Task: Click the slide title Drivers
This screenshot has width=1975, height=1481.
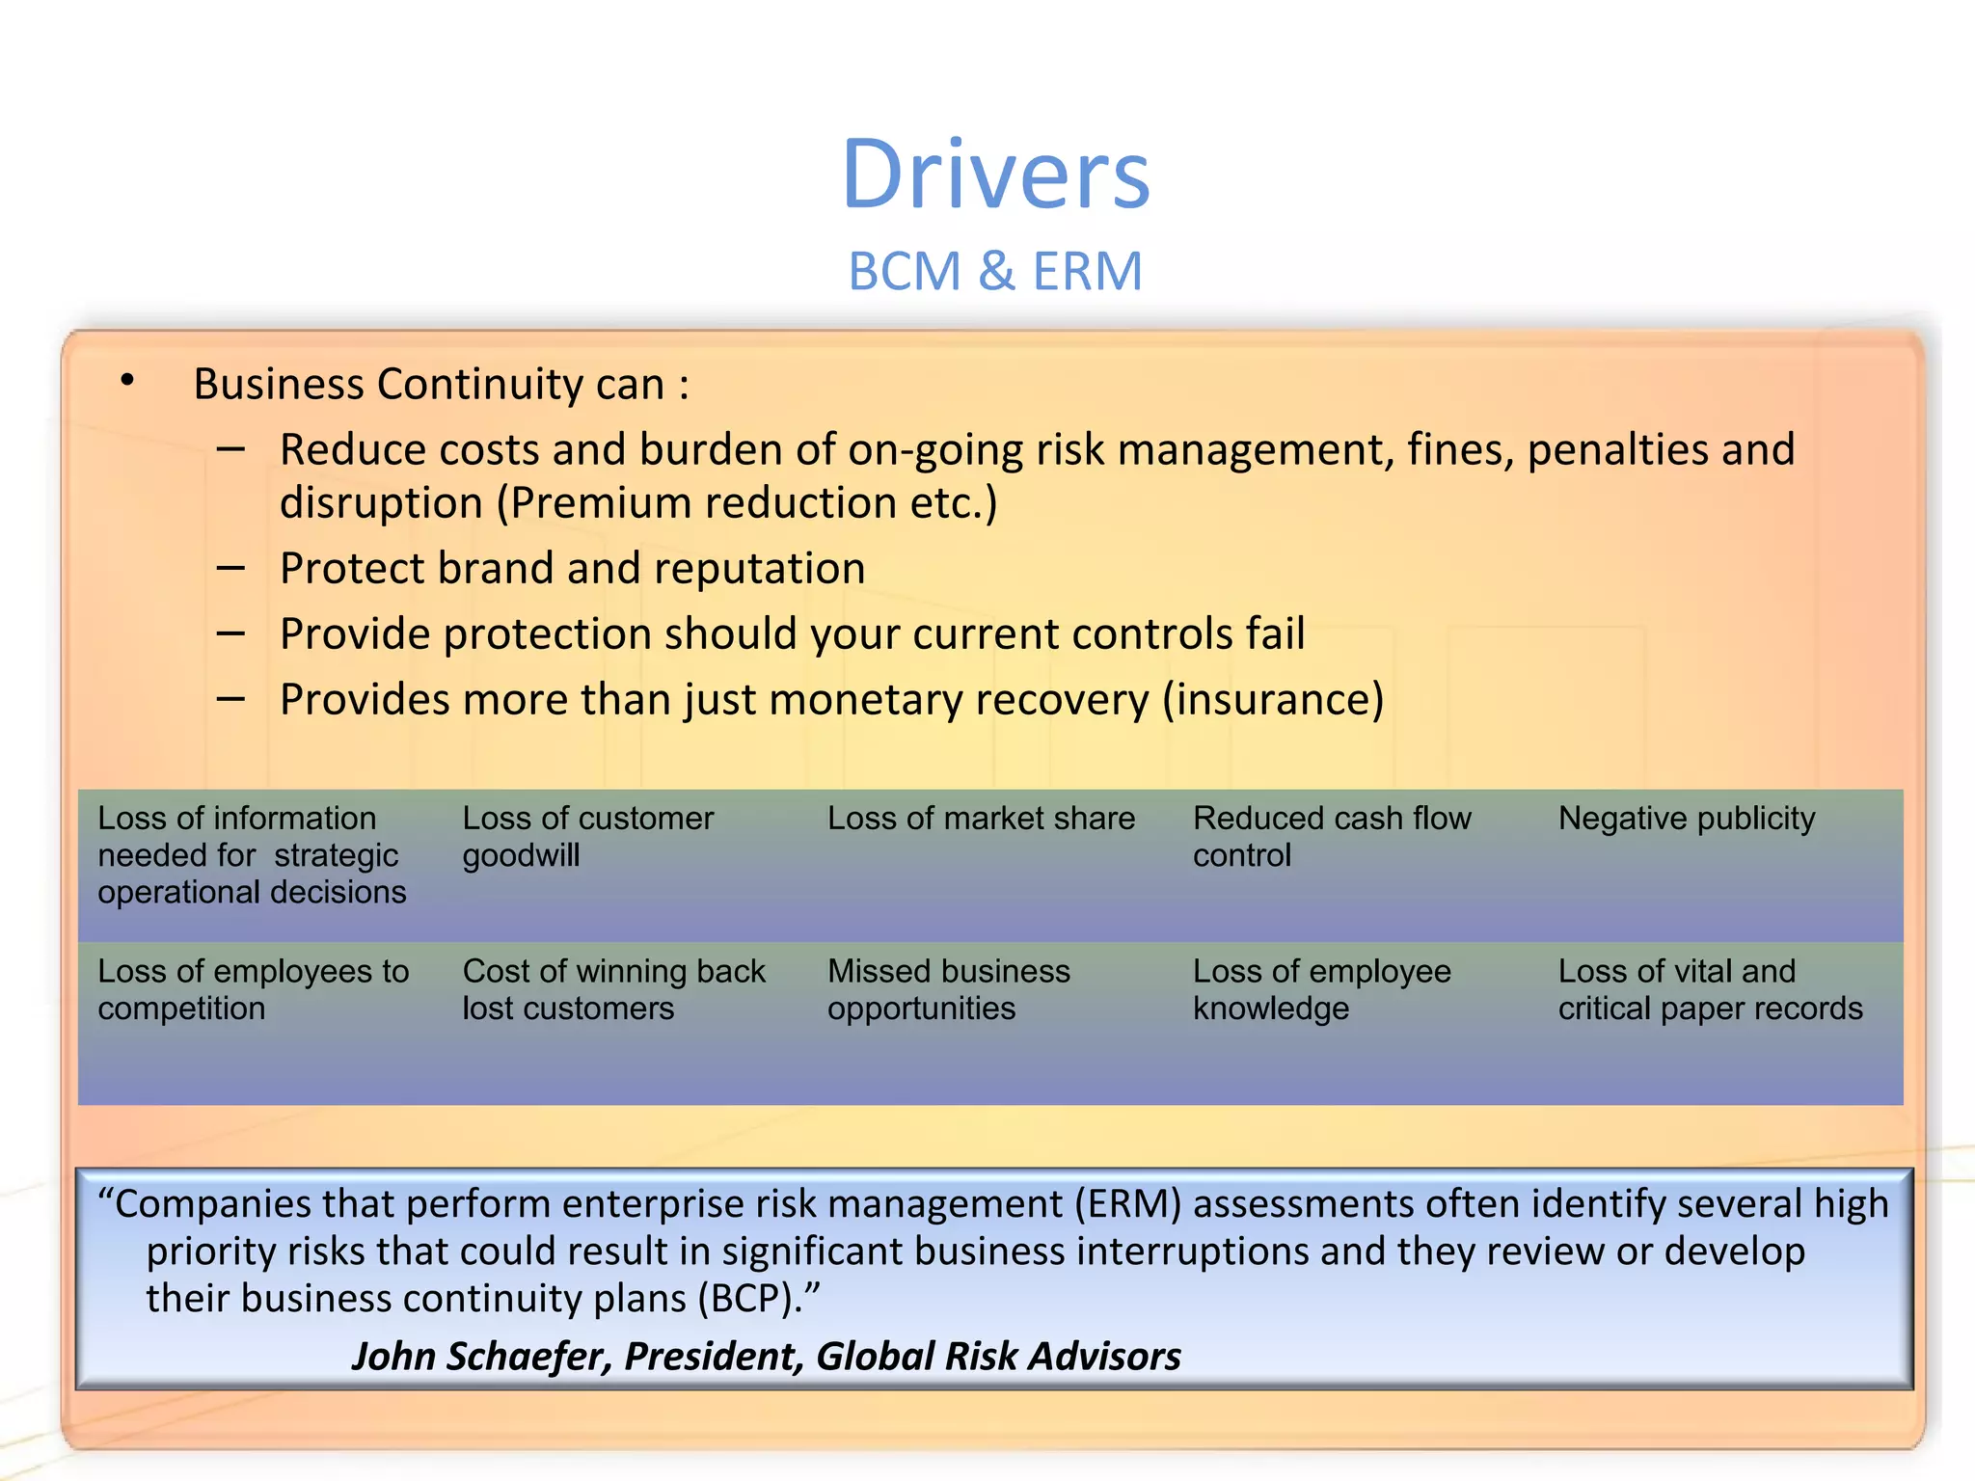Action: click(x=996, y=175)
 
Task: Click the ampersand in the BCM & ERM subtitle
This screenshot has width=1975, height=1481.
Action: click(x=996, y=272)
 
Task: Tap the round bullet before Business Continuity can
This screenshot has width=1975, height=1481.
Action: click(x=127, y=381)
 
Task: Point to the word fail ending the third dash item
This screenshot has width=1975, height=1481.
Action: click(x=1275, y=634)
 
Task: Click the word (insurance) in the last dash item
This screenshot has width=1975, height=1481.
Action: click(x=1273, y=700)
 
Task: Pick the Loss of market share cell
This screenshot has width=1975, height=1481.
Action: click(x=981, y=819)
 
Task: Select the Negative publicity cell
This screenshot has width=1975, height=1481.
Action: click(x=1687, y=819)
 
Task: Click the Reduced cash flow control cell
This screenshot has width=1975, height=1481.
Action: click(x=1331, y=837)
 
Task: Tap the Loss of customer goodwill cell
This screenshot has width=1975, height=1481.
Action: click(x=587, y=837)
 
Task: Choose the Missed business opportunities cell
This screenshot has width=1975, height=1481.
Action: click(x=948, y=989)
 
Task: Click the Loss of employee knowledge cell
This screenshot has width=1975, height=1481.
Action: click(x=1321, y=989)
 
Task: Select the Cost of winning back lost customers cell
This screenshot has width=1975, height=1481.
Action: click(x=613, y=989)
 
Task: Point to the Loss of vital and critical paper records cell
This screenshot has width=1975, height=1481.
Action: click(x=1709, y=989)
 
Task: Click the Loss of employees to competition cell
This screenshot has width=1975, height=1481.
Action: click(x=253, y=989)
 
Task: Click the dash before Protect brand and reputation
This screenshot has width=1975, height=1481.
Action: click(x=230, y=569)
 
